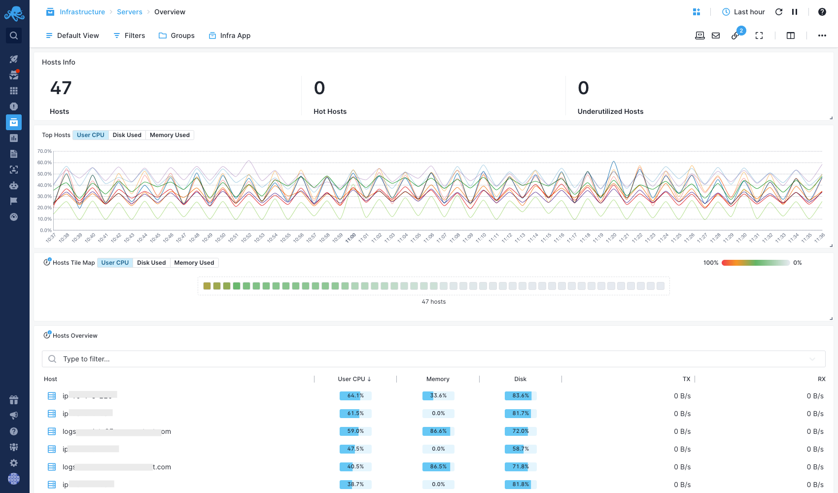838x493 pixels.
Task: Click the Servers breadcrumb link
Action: click(129, 12)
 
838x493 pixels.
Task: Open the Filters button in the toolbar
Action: click(129, 35)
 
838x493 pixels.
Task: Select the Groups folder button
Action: click(176, 35)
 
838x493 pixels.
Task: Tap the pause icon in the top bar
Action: click(795, 12)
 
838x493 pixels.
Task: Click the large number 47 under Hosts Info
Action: click(61, 88)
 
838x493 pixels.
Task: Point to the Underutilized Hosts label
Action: click(610, 111)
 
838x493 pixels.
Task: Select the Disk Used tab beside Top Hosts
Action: click(127, 135)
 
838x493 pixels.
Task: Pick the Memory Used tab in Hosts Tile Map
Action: click(194, 263)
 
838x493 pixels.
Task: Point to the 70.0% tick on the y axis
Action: click(44, 151)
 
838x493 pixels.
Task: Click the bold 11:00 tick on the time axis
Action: click(350, 238)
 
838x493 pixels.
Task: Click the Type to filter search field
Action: click(434, 359)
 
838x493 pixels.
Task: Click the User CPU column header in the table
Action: click(354, 379)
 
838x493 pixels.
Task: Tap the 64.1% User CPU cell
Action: click(355, 396)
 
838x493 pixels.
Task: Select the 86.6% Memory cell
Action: click(438, 431)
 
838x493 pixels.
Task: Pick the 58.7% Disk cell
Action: click(521, 449)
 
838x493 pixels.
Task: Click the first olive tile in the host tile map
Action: click(207, 286)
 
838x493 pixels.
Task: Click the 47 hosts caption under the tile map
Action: click(433, 302)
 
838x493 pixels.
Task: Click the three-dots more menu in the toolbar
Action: click(822, 35)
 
